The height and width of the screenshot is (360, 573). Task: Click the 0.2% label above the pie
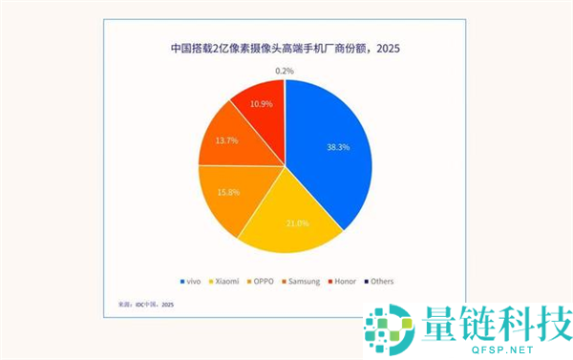point(285,71)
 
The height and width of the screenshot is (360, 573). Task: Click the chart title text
point(285,50)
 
